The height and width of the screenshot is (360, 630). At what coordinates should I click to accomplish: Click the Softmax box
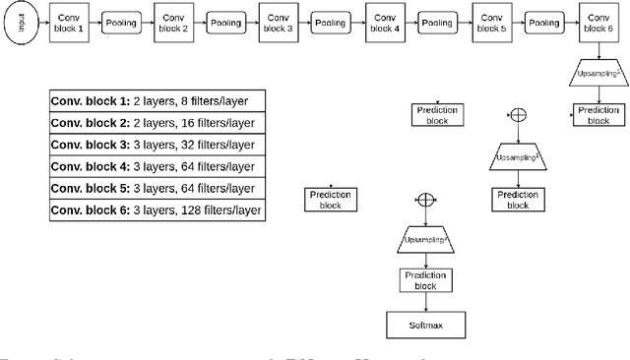[424, 324]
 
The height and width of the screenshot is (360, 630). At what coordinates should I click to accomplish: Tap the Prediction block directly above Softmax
[424, 279]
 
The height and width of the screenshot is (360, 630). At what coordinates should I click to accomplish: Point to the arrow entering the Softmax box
[424, 302]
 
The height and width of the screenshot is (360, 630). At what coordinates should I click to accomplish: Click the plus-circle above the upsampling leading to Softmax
[424, 200]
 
